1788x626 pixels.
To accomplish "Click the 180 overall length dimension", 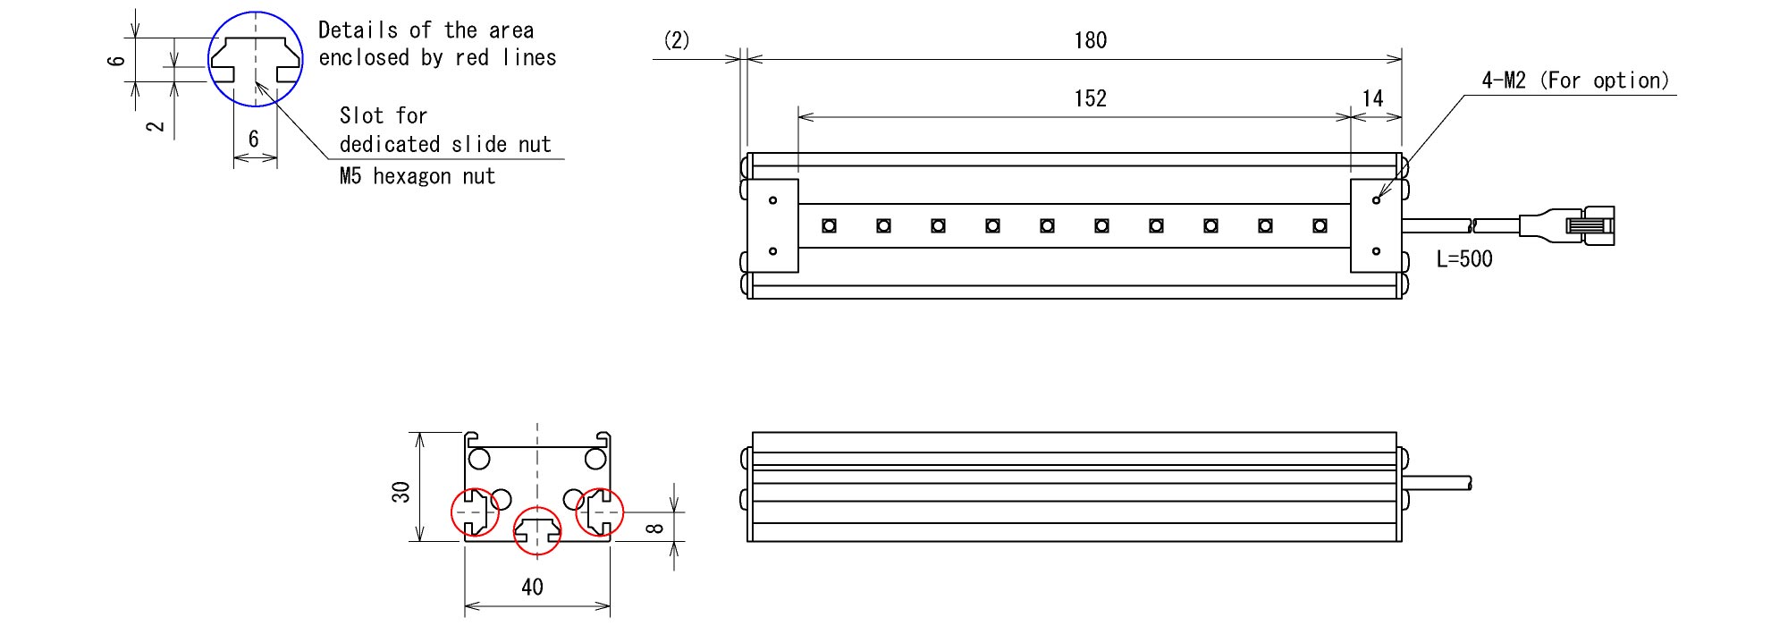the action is coord(1090,40).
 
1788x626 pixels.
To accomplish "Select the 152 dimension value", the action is coord(1090,98).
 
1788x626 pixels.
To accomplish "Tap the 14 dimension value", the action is coord(1372,98).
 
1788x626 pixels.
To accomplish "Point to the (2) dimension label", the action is coord(677,40).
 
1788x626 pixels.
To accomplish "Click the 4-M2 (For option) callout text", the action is coord(1575,80).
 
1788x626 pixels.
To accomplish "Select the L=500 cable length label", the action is coord(1464,259).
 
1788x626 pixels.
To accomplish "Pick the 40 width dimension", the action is coord(532,587).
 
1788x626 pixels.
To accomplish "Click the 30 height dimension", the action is coord(401,491).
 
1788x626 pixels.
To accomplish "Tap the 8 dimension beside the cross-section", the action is coord(654,528).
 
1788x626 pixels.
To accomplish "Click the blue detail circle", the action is coord(256,59).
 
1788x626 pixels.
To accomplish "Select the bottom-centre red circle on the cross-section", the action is coord(537,530).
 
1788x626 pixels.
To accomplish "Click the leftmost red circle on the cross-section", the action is coord(476,512).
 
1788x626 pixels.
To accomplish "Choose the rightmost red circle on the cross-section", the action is coord(599,512).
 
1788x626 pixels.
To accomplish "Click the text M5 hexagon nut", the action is coord(417,176).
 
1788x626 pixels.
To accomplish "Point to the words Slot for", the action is coord(384,115).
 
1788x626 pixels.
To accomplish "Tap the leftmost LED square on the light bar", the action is coord(829,225).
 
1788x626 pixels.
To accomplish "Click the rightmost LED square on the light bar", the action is coord(1320,225).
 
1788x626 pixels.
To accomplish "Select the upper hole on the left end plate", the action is coord(772,200).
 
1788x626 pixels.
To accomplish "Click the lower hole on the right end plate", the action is coord(1376,251).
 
